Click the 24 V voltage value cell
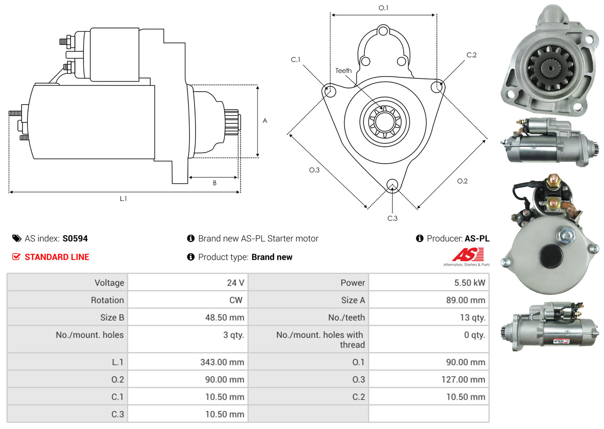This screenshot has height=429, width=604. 235,283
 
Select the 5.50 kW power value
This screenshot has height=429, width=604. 470,283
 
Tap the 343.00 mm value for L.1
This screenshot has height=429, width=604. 222,362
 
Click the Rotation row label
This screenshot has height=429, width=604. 107,300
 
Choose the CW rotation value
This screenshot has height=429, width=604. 235,300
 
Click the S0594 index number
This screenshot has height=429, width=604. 75,238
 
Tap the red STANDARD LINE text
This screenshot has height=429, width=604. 57,257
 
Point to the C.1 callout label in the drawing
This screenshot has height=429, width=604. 296,60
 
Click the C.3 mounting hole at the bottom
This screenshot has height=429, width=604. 392,185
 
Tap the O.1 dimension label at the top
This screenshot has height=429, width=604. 383,8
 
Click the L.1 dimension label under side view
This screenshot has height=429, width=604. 123,198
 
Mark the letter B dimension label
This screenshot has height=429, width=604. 214,183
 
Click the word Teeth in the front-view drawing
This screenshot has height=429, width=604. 343,71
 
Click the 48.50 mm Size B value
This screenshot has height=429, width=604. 224,318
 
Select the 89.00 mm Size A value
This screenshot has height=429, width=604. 465,300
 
